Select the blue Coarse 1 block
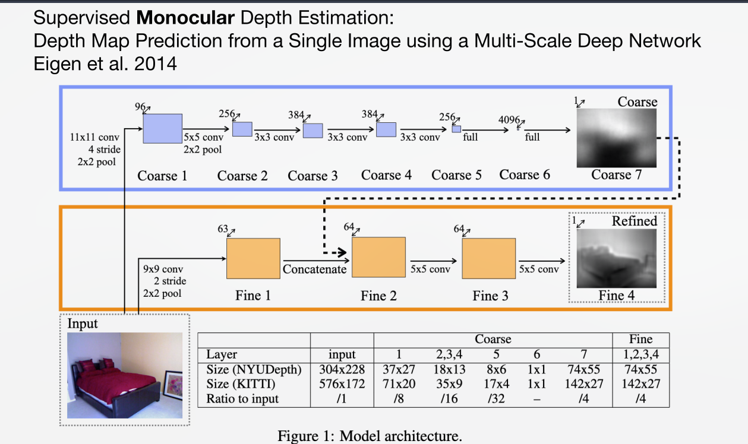pyautogui.click(x=162, y=128)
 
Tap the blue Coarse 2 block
pyautogui.click(x=242, y=129)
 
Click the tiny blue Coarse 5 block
pyautogui.click(x=456, y=129)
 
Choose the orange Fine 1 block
pyautogui.click(x=253, y=258)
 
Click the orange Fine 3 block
pyautogui.click(x=489, y=258)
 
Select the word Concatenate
pyautogui.click(x=314, y=269)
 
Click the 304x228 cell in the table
pyautogui.click(x=342, y=369)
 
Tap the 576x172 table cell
pyautogui.click(x=342, y=384)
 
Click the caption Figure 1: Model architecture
pyautogui.click(x=370, y=436)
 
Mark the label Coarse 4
pyautogui.click(x=386, y=175)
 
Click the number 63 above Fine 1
pyautogui.click(x=223, y=229)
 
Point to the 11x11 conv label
pyautogui.click(x=95, y=138)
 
